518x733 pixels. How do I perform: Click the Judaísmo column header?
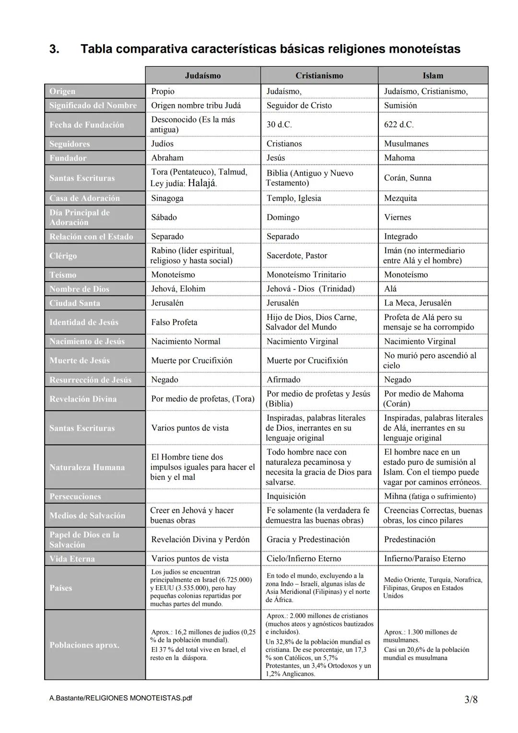tap(203, 75)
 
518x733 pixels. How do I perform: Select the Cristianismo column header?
tap(319, 75)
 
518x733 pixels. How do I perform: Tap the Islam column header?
tap(433, 75)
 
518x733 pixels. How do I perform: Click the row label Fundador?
tap(68, 158)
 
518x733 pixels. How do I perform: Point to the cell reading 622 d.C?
tap(399, 125)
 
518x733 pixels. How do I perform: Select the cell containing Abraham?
tap(167, 158)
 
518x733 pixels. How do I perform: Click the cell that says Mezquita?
tap(400, 198)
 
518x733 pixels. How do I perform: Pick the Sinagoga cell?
tap(167, 198)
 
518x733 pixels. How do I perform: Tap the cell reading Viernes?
tap(398, 217)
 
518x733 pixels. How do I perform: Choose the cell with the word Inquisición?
tap(286, 496)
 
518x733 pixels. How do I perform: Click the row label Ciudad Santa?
tap(75, 303)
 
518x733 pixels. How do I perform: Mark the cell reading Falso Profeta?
tap(174, 322)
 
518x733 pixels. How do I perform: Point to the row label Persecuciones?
tap(75, 497)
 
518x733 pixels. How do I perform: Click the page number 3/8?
tap(471, 699)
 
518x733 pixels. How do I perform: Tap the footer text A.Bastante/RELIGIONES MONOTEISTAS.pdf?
tap(120, 698)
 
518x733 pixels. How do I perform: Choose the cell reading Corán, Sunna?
tap(408, 178)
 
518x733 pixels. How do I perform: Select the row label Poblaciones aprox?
tap(84, 645)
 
